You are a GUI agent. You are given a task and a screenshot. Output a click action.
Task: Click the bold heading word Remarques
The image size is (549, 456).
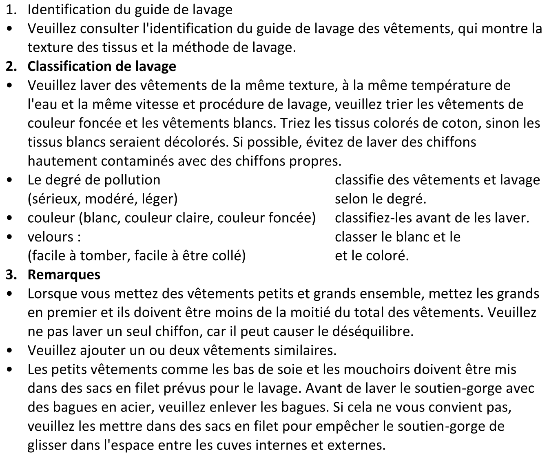[x=64, y=274]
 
